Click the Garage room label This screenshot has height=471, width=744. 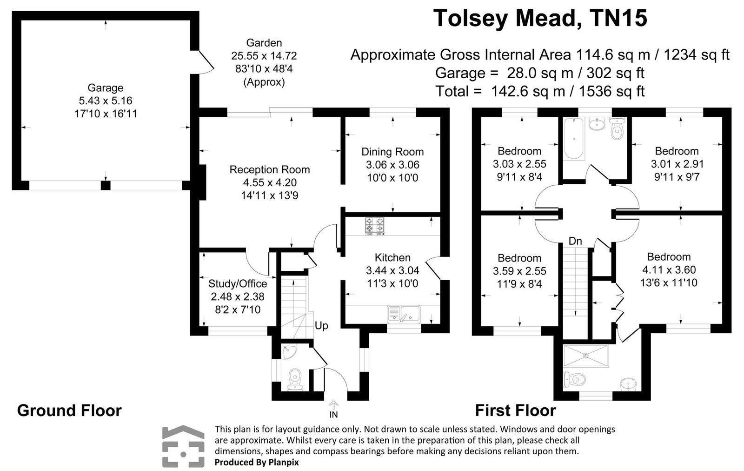pyautogui.click(x=106, y=88)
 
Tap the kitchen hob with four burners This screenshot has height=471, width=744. pyautogui.click(x=375, y=226)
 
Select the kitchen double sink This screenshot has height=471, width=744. pyautogui.click(x=404, y=313)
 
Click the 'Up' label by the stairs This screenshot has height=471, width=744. pyautogui.click(x=321, y=326)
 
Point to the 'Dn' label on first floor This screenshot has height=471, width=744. pyautogui.click(x=575, y=241)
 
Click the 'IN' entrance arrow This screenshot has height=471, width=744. pyautogui.click(x=333, y=409)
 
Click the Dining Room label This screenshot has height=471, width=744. pyautogui.click(x=392, y=152)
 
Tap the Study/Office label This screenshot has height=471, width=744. pyautogui.click(x=238, y=283)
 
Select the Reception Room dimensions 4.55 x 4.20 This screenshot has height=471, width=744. pyautogui.click(x=270, y=182)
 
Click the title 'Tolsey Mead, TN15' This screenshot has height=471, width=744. pyautogui.click(x=540, y=19)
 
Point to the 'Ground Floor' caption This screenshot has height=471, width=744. pyautogui.click(x=69, y=410)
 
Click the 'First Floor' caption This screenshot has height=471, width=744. pyautogui.click(x=515, y=410)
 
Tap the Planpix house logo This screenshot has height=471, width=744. pyautogui.click(x=183, y=446)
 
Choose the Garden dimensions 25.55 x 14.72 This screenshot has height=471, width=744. pyautogui.click(x=264, y=56)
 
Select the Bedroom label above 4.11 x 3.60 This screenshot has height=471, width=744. pyautogui.click(x=669, y=257)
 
